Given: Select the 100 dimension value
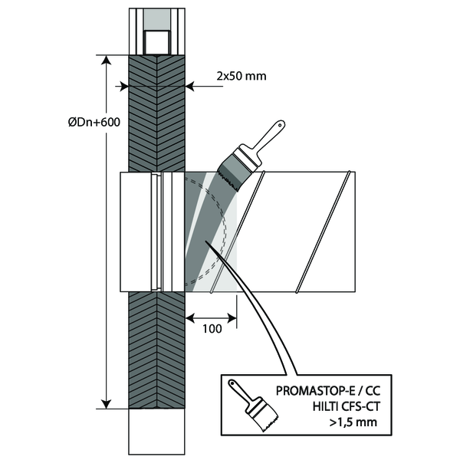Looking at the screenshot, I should [x=212, y=329].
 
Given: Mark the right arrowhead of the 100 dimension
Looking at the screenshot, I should [x=232, y=316].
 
